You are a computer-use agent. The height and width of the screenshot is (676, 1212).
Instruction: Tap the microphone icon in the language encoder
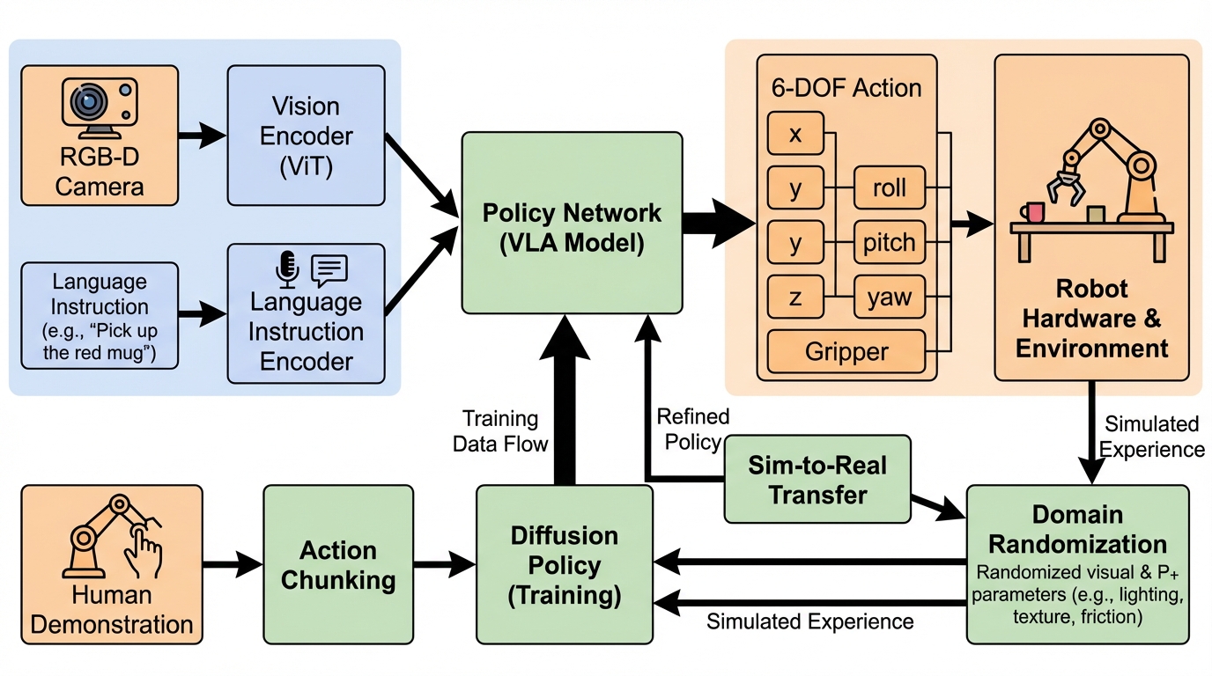(287, 269)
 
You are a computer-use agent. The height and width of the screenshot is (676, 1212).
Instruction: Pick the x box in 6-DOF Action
(795, 134)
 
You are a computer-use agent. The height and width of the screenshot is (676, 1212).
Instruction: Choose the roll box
(890, 187)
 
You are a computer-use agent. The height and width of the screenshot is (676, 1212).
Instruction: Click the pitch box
(890, 242)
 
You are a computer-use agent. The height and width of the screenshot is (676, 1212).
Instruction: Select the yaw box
(890, 298)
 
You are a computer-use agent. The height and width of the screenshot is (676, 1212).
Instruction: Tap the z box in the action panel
(795, 298)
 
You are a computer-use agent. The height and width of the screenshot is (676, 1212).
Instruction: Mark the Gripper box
(846, 352)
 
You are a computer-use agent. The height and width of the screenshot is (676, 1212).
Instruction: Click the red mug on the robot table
(1033, 212)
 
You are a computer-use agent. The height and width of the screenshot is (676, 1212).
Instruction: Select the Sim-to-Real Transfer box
(817, 480)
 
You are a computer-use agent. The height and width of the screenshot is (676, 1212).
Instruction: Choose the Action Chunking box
(338, 565)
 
